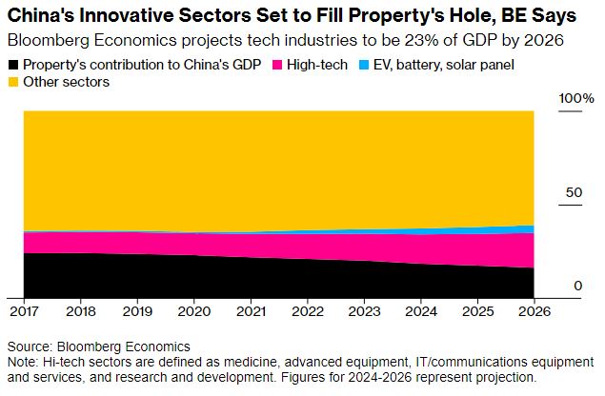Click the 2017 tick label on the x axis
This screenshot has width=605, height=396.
(x=24, y=310)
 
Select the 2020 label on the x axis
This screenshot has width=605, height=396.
(x=194, y=310)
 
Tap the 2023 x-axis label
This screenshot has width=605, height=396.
(x=364, y=310)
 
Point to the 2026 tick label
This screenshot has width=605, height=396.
(x=534, y=310)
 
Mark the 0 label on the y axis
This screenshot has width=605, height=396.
(x=577, y=286)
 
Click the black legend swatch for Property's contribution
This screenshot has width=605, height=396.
(x=12, y=66)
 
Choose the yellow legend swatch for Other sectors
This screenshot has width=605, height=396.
(x=12, y=83)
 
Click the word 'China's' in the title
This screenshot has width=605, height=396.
(x=41, y=16)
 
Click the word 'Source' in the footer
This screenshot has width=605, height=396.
(x=29, y=346)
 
